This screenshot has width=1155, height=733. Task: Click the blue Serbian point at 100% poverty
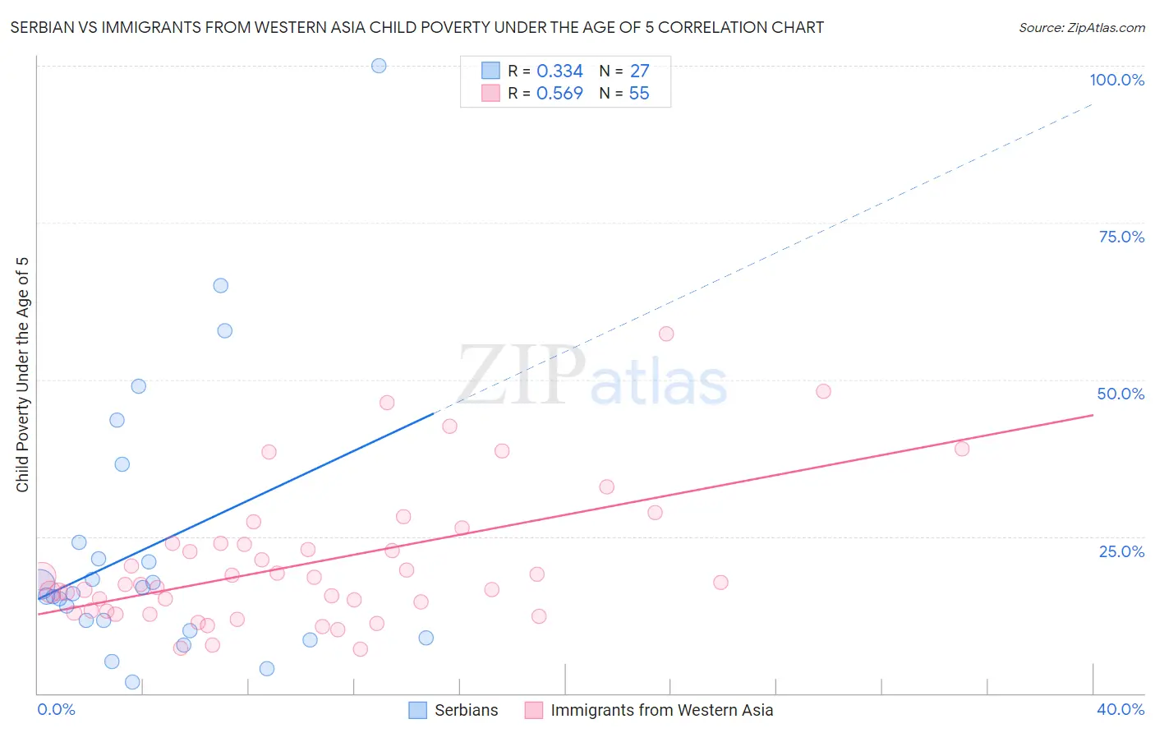[x=379, y=66]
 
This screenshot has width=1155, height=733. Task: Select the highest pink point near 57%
[x=666, y=334]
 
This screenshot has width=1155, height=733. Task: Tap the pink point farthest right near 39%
[x=962, y=449]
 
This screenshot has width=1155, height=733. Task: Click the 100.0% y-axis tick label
[x=1116, y=80]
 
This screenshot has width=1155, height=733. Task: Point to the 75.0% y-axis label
[x=1121, y=237]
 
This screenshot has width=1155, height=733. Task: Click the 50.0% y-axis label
[x=1120, y=394]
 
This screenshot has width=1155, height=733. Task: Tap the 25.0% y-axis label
[x=1121, y=551]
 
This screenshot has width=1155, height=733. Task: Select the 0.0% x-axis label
[x=56, y=709]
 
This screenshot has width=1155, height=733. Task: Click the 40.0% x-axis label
[x=1120, y=709]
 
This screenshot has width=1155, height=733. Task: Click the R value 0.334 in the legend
[x=559, y=71]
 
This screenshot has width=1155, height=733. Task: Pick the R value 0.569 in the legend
[x=559, y=94]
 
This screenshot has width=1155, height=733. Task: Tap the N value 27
[x=639, y=71]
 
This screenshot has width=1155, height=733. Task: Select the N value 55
[x=639, y=94]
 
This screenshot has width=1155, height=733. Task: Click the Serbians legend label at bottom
[x=466, y=710]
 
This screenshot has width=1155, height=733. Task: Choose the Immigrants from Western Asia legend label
[x=661, y=710]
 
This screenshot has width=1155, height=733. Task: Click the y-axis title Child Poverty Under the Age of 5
[x=22, y=375]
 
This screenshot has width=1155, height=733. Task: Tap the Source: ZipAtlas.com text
[x=1081, y=28]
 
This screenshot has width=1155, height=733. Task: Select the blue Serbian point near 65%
[x=221, y=286]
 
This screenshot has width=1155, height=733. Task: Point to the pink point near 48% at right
[x=823, y=391]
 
